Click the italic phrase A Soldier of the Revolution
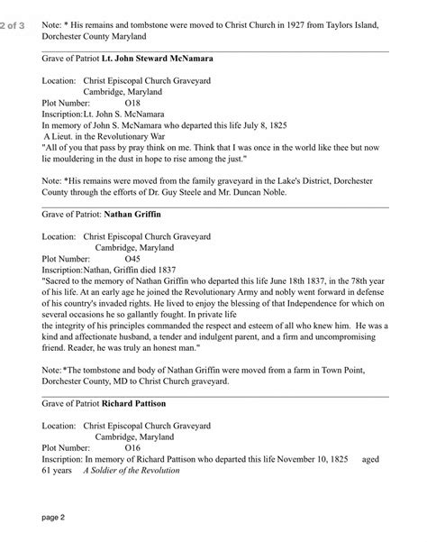click(x=132, y=470)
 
